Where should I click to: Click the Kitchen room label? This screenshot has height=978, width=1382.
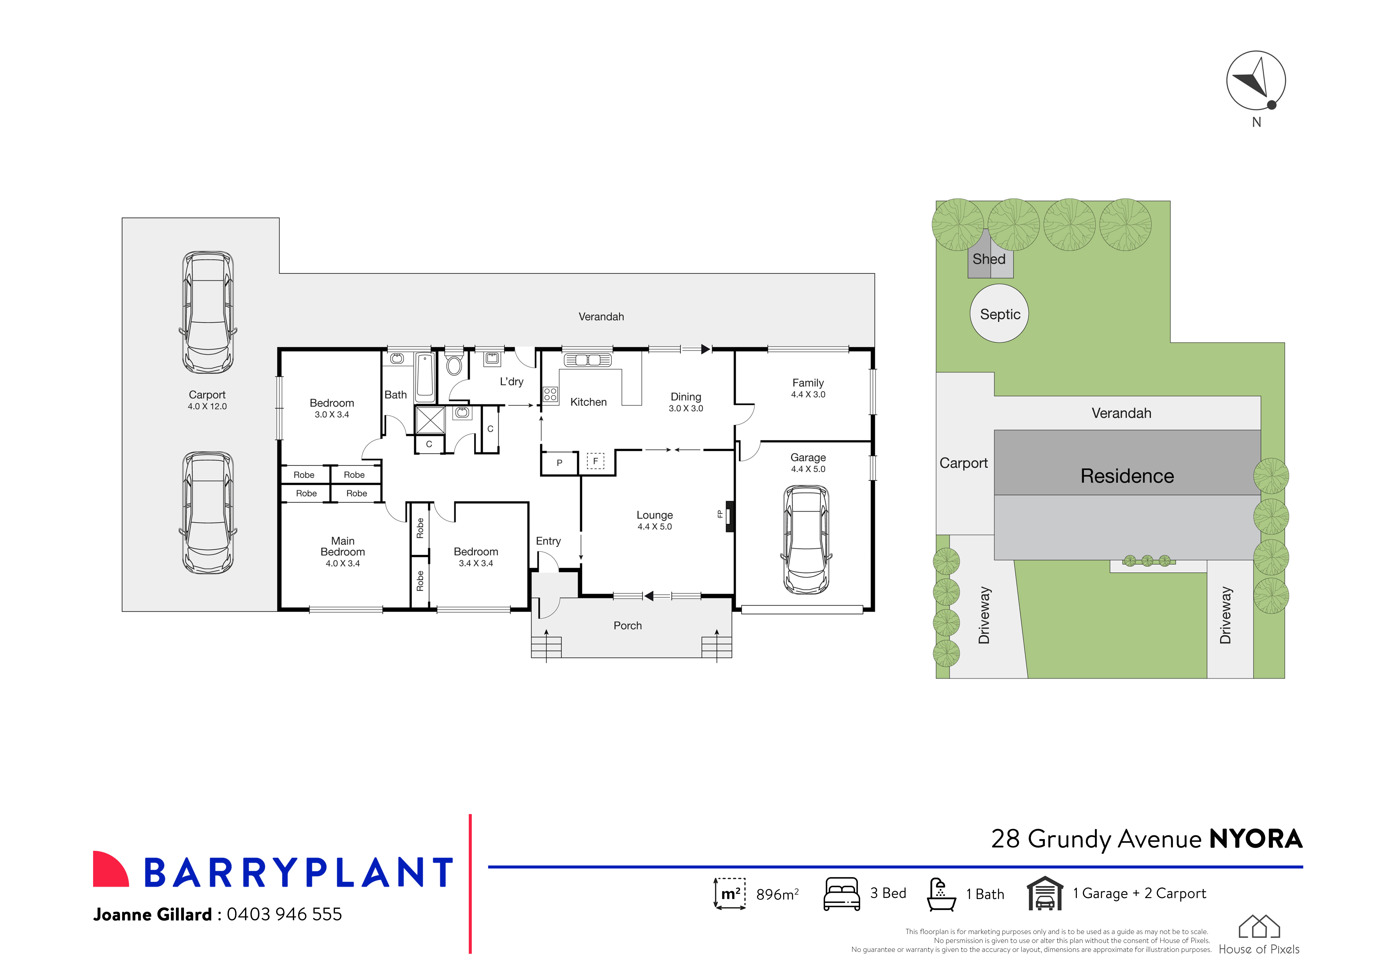click(588, 402)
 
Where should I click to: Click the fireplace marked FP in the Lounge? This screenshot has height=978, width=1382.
click(729, 516)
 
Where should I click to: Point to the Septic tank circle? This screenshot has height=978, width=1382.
click(999, 314)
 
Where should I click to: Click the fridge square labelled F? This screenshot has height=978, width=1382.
click(595, 461)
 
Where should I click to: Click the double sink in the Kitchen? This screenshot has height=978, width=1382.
click(587, 360)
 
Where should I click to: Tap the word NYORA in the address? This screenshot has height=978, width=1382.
click(1256, 839)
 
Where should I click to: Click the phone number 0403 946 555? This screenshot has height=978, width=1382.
click(284, 914)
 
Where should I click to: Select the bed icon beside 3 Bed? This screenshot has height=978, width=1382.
click(842, 894)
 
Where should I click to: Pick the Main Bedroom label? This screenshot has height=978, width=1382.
click(343, 546)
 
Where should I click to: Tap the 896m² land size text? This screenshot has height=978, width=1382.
click(777, 894)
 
